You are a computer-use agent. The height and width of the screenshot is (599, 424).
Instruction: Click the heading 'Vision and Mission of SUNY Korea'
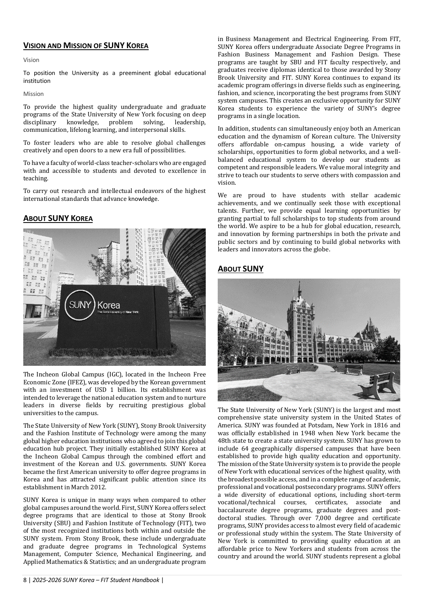(86, 46)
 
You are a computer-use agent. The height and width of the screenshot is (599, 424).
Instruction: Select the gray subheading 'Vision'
(31, 60)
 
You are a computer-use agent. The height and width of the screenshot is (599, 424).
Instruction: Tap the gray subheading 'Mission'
(34, 94)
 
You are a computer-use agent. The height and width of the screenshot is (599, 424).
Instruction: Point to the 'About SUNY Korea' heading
(58, 219)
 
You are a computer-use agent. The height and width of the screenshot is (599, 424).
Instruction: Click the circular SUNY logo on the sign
(80, 305)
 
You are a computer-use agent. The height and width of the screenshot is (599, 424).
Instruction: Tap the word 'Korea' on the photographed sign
(108, 305)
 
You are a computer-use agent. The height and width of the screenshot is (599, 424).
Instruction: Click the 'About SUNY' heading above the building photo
(241, 269)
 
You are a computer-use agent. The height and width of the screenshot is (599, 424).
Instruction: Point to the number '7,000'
(324, 518)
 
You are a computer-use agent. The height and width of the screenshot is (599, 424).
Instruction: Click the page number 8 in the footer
(25, 580)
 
